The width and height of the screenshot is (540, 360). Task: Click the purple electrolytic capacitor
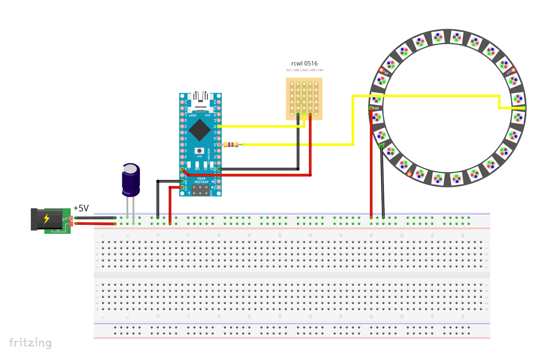click(x=131, y=180)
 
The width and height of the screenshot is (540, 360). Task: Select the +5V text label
click(x=81, y=208)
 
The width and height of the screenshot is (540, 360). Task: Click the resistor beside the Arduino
click(x=231, y=144)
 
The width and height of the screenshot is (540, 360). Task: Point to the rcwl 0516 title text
click(x=304, y=63)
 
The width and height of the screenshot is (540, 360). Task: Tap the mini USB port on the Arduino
click(x=200, y=100)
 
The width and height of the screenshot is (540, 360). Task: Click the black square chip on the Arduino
click(x=199, y=130)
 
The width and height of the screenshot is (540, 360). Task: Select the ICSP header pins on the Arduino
click(x=200, y=190)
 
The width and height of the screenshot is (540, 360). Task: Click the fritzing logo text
click(x=30, y=342)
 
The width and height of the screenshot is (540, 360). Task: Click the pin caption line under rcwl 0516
click(x=304, y=70)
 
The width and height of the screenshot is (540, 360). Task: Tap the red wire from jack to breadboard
click(x=96, y=223)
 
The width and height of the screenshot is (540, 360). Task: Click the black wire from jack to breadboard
click(x=96, y=217)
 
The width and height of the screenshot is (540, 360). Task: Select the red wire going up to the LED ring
click(x=371, y=165)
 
